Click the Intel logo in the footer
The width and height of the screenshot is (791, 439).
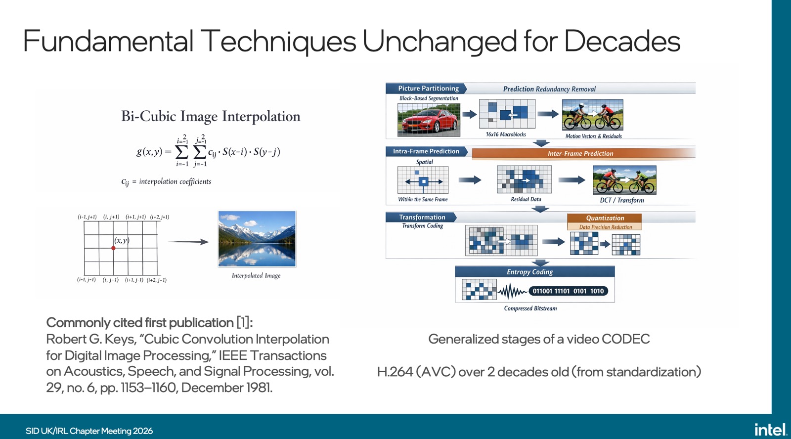tap(770, 430)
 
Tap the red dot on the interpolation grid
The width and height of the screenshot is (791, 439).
tap(113, 248)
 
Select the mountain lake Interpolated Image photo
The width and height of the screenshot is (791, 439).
tap(257, 239)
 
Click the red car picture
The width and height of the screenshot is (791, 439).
tap(429, 120)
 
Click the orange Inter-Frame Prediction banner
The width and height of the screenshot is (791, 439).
tap(583, 153)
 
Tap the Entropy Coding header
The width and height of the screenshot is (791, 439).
tap(534, 271)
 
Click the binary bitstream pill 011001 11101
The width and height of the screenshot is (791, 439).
tap(568, 291)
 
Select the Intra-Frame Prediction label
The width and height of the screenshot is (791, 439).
tap(426, 151)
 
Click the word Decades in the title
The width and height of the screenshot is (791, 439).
tap(622, 41)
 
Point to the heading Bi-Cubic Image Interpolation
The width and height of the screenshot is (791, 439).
tap(211, 116)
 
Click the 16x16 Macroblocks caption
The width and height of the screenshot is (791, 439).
tap(506, 134)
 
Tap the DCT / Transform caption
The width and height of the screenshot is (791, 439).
tap(622, 200)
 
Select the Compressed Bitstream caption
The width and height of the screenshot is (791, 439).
tap(530, 308)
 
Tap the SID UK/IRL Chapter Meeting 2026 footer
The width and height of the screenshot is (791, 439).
tap(89, 431)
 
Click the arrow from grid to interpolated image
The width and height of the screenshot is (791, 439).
tap(188, 242)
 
